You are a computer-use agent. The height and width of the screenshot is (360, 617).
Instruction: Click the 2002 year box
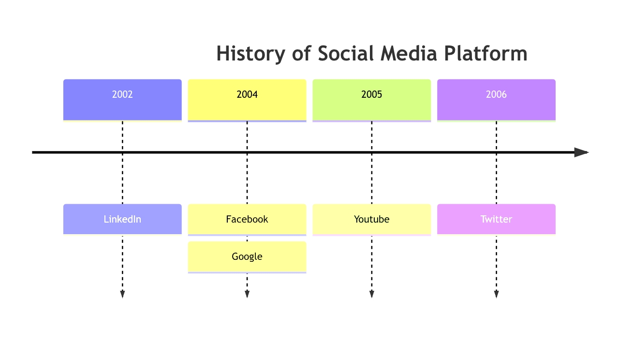[122, 100]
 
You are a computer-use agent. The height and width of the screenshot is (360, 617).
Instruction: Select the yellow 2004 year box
[247, 100]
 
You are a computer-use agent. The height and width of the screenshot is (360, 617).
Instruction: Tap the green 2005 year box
[371, 100]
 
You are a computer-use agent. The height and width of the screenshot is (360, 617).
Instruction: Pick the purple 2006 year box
[496, 100]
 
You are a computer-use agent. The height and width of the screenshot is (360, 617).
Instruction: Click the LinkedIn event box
[122, 220]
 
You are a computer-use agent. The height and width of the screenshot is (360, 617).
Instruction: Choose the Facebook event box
[247, 220]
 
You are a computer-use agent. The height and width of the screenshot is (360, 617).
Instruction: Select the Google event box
[247, 257]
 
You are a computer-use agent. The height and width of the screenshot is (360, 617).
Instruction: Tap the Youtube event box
[371, 220]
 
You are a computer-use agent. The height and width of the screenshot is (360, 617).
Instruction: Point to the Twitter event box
[496, 220]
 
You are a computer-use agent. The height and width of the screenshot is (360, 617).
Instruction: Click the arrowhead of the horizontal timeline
[581, 152]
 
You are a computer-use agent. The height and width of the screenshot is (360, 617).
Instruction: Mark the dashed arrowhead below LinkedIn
[122, 294]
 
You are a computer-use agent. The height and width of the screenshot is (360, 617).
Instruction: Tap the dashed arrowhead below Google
[247, 294]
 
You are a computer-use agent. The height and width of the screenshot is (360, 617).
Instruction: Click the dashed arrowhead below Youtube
[371, 294]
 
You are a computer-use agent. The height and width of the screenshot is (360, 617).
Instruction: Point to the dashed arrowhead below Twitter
[496, 294]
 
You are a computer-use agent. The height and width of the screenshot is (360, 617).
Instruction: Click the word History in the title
[250, 54]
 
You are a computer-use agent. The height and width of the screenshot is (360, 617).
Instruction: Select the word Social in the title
[346, 53]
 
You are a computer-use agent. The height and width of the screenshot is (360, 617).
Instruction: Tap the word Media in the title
[409, 53]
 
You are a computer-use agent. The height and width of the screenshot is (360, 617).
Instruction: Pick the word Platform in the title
[485, 53]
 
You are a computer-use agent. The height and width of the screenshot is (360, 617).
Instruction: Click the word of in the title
[301, 53]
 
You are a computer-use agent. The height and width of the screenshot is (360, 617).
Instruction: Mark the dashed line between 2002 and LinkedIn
[122, 163]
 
